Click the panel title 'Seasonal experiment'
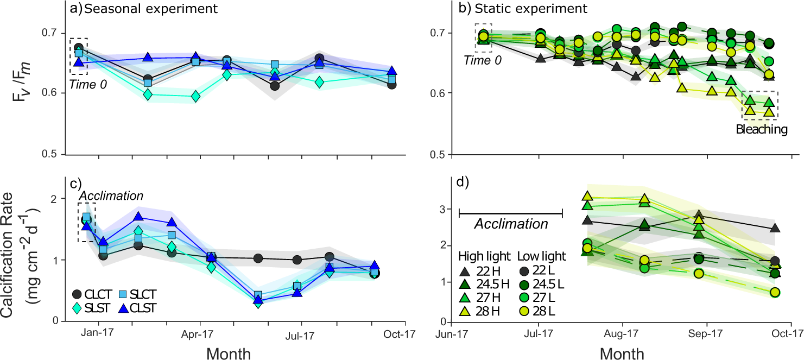[x=143, y=9]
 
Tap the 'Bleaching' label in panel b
[x=761, y=130]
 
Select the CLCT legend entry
[x=95, y=294]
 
